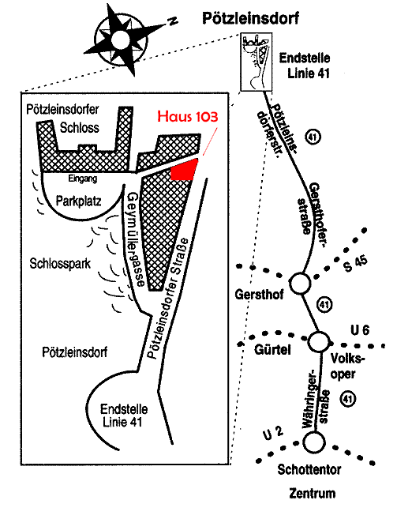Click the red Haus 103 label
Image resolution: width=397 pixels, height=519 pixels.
click(x=188, y=116)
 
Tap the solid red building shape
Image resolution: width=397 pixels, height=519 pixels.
click(x=184, y=170)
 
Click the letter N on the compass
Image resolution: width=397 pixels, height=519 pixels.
click(x=172, y=21)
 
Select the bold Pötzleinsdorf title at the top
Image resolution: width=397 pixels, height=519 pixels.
click(x=250, y=18)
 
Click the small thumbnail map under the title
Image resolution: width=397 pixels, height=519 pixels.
click(x=256, y=62)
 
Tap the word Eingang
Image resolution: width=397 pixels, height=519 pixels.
click(x=83, y=179)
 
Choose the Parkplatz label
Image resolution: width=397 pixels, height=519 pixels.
click(x=78, y=201)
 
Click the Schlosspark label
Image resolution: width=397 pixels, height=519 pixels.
click(x=60, y=264)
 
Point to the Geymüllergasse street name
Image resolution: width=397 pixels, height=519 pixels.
click(x=135, y=239)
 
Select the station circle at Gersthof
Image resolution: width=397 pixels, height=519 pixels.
click(x=301, y=284)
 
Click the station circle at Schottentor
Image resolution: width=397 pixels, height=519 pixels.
click(x=314, y=442)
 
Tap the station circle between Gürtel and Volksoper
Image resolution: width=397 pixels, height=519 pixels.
click(x=319, y=342)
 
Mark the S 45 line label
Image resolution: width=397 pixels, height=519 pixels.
click(x=355, y=264)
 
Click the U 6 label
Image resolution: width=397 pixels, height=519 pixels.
click(x=360, y=330)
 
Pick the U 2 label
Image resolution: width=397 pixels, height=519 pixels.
click(x=273, y=434)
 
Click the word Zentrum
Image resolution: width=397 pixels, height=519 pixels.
click(x=312, y=493)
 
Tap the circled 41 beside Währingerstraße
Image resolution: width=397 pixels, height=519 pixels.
click(x=348, y=399)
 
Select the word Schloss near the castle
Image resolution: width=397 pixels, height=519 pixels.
click(x=80, y=127)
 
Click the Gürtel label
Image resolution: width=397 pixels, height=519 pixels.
click(x=272, y=349)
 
